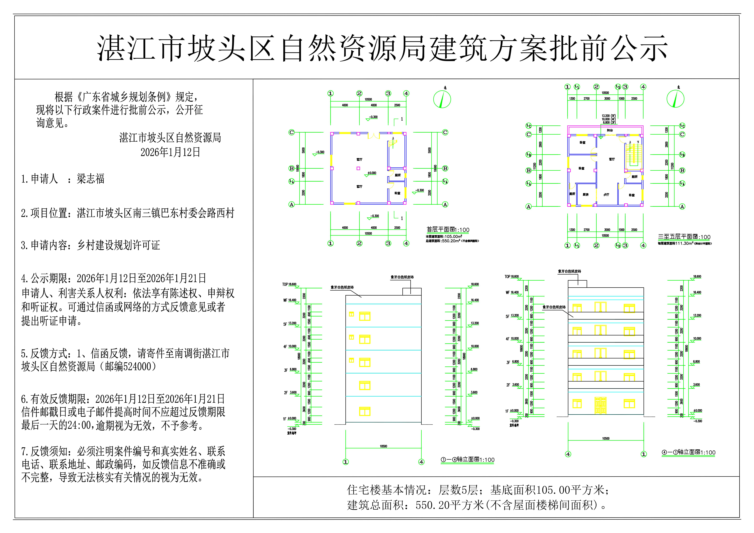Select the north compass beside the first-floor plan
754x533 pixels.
pos(442,99)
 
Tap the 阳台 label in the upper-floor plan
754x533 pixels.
pos(610,130)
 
